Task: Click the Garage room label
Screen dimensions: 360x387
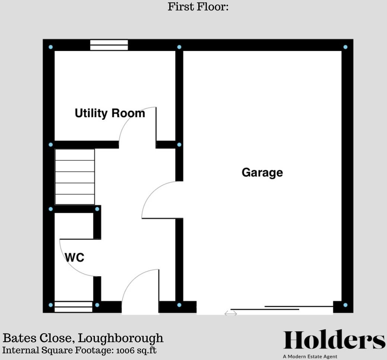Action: pos(262,173)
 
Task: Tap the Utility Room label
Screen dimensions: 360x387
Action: pos(110,113)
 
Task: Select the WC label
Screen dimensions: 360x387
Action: pos(75,257)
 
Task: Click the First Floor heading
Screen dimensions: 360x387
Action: pos(198,7)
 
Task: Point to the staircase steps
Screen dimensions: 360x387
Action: pos(75,177)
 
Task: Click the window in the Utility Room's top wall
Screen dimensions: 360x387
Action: pos(109,45)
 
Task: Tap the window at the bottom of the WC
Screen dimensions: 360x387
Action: pos(73,307)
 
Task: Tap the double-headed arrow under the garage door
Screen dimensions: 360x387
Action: pos(231,314)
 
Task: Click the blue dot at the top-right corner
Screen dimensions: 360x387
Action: pos(345,47)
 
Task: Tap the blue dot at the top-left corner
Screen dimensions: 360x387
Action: pos(51,47)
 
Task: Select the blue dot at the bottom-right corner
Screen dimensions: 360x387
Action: pos(345,305)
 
